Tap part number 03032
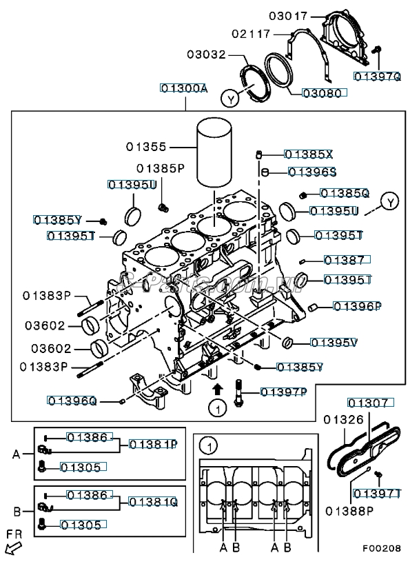tap(208, 53)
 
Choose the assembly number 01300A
tap(184, 88)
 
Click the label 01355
tap(146, 146)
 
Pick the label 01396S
tap(311, 172)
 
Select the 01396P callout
tap(358, 305)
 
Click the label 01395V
tap(334, 342)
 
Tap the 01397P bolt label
tap(283, 392)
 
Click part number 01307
tap(369, 403)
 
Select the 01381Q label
tap(153, 502)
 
